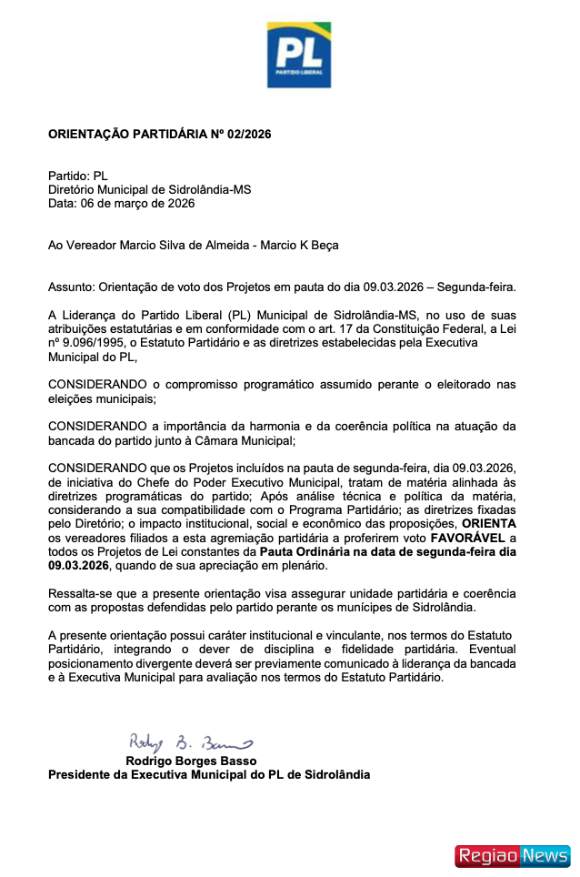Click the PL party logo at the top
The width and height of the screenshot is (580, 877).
(x=298, y=55)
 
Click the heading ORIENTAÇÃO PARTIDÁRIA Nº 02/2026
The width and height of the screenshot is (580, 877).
(x=159, y=135)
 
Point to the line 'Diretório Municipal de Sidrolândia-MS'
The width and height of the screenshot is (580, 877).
(x=149, y=189)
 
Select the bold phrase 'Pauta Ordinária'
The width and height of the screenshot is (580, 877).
(x=303, y=551)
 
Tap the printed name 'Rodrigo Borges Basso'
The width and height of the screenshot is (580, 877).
(x=191, y=761)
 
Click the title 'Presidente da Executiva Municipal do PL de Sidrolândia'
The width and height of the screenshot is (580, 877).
(x=208, y=774)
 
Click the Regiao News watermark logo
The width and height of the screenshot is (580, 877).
(x=512, y=855)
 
